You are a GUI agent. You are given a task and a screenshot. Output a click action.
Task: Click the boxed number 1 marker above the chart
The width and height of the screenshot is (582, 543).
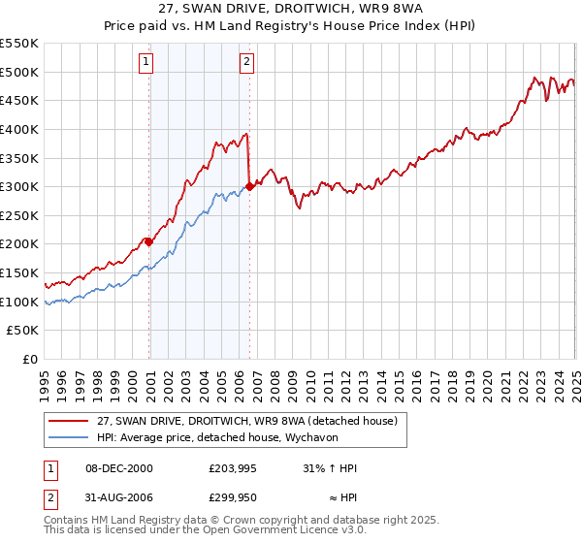click(x=145, y=63)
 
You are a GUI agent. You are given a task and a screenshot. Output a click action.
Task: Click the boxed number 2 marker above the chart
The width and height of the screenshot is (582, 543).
click(x=247, y=63)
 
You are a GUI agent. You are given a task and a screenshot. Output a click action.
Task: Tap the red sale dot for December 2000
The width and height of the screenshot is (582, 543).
click(x=149, y=241)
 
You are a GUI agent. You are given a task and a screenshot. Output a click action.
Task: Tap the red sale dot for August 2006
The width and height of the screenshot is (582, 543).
click(x=250, y=186)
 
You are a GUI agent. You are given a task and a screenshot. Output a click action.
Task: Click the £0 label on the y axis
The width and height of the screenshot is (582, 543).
click(x=31, y=359)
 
